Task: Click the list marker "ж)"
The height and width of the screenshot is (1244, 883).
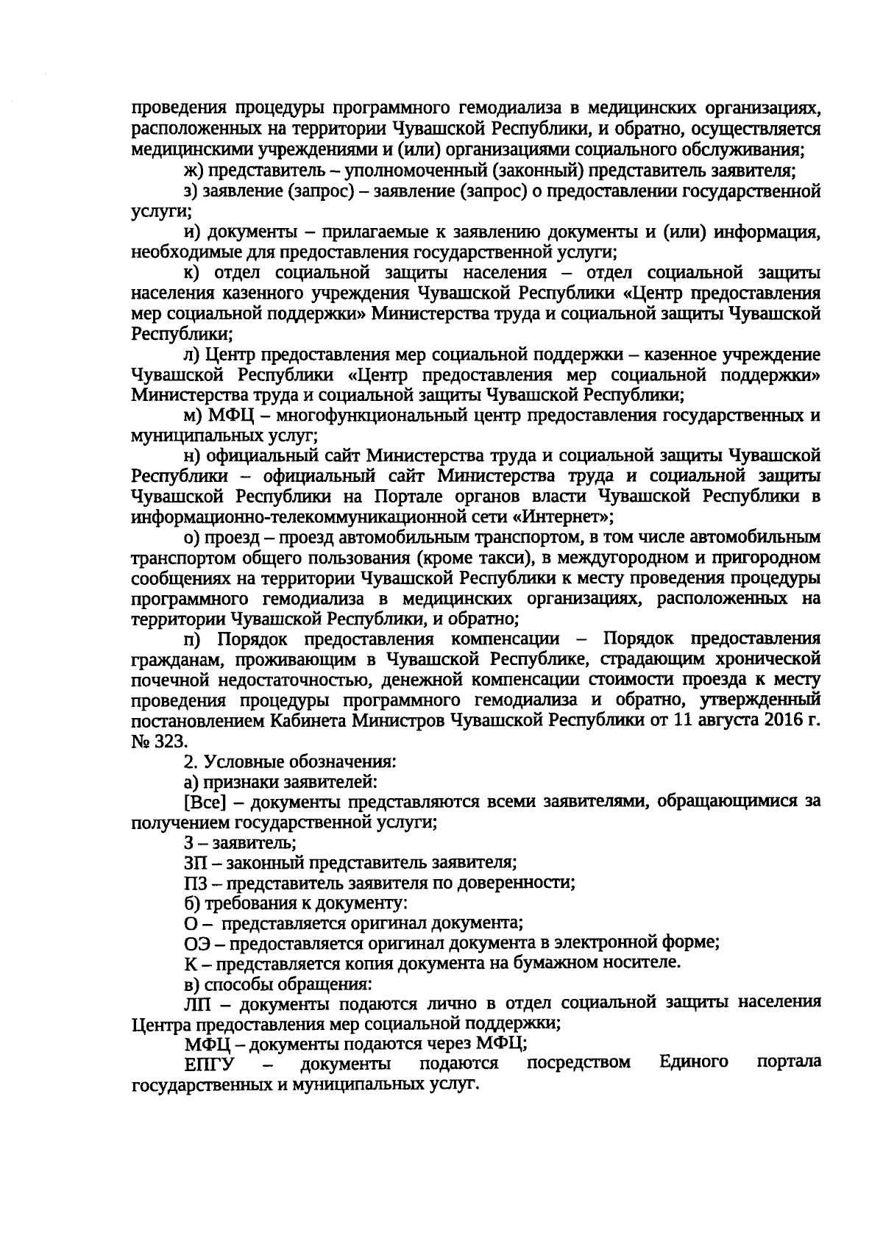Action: (x=194, y=171)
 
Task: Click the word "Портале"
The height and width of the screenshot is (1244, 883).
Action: (x=405, y=497)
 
